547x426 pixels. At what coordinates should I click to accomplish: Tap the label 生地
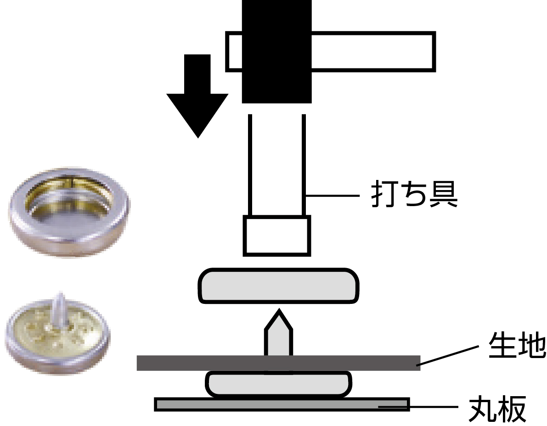pos(515,347)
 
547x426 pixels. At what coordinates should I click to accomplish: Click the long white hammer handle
pos(372,51)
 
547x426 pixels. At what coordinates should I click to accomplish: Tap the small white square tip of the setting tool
pos(277,235)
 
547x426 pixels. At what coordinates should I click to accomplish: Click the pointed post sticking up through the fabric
pos(277,332)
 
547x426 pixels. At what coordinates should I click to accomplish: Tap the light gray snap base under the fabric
pos(279,384)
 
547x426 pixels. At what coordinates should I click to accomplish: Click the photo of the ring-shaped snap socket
pos(69,212)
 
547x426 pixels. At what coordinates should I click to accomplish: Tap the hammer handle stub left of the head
pos(234,51)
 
